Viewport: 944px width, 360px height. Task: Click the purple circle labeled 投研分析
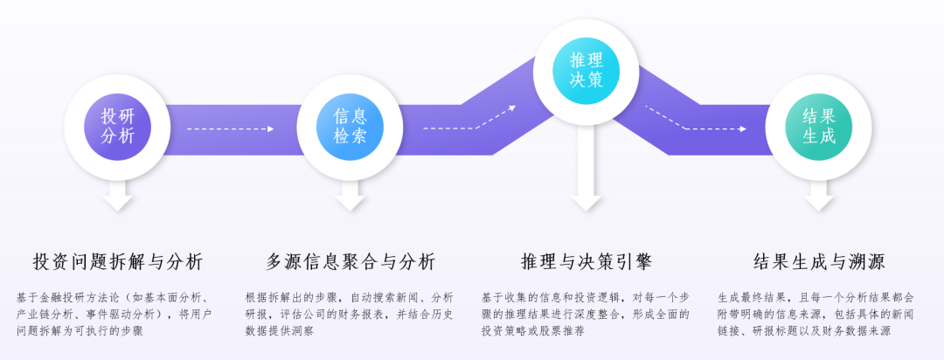pos(117,127)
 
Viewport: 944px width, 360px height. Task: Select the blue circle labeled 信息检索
pos(350,127)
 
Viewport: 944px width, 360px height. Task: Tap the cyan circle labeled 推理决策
pos(587,70)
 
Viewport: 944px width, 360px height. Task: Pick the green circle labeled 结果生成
pos(819,127)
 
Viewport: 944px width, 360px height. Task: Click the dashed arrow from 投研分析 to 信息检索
pos(231,128)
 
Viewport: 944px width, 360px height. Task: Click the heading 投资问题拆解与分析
pos(118,262)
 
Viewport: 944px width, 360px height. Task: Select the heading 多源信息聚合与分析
pos(351,262)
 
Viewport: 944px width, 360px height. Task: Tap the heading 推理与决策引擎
pos(587,262)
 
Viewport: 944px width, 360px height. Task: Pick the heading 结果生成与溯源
pos(819,262)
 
